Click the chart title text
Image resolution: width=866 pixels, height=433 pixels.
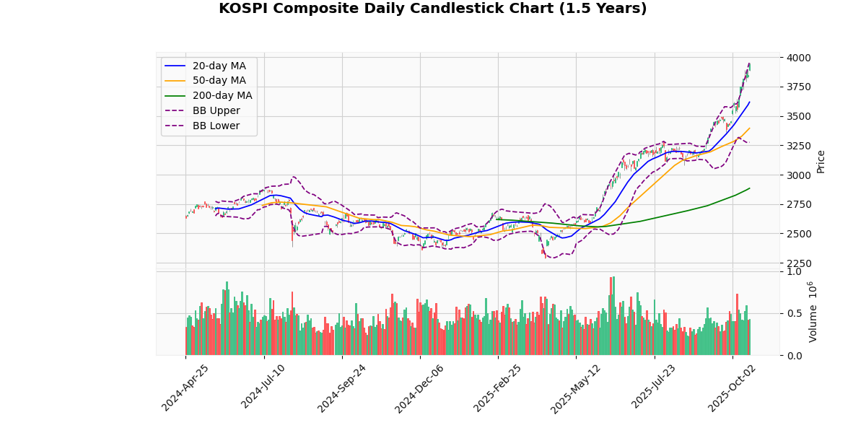(x=432, y=9)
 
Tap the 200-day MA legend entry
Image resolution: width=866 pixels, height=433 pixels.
(x=222, y=95)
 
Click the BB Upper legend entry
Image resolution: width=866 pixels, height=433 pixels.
(x=216, y=110)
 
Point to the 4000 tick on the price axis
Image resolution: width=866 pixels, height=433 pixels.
(x=800, y=58)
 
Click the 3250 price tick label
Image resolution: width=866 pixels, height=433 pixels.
(x=800, y=146)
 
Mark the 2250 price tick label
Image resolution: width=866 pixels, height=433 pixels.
(x=800, y=263)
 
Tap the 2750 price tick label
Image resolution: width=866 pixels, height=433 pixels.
(x=800, y=204)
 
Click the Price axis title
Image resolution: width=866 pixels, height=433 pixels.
(x=821, y=161)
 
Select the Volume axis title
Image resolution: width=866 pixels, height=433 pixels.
(x=813, y=312)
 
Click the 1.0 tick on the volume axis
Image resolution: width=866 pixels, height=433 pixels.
(x=794, y=271)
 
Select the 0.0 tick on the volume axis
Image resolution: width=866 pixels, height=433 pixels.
(x=794, y=356)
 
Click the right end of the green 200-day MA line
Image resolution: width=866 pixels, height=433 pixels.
(x=750, y=188)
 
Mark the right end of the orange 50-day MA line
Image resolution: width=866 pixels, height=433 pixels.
(x=750, y=128)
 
